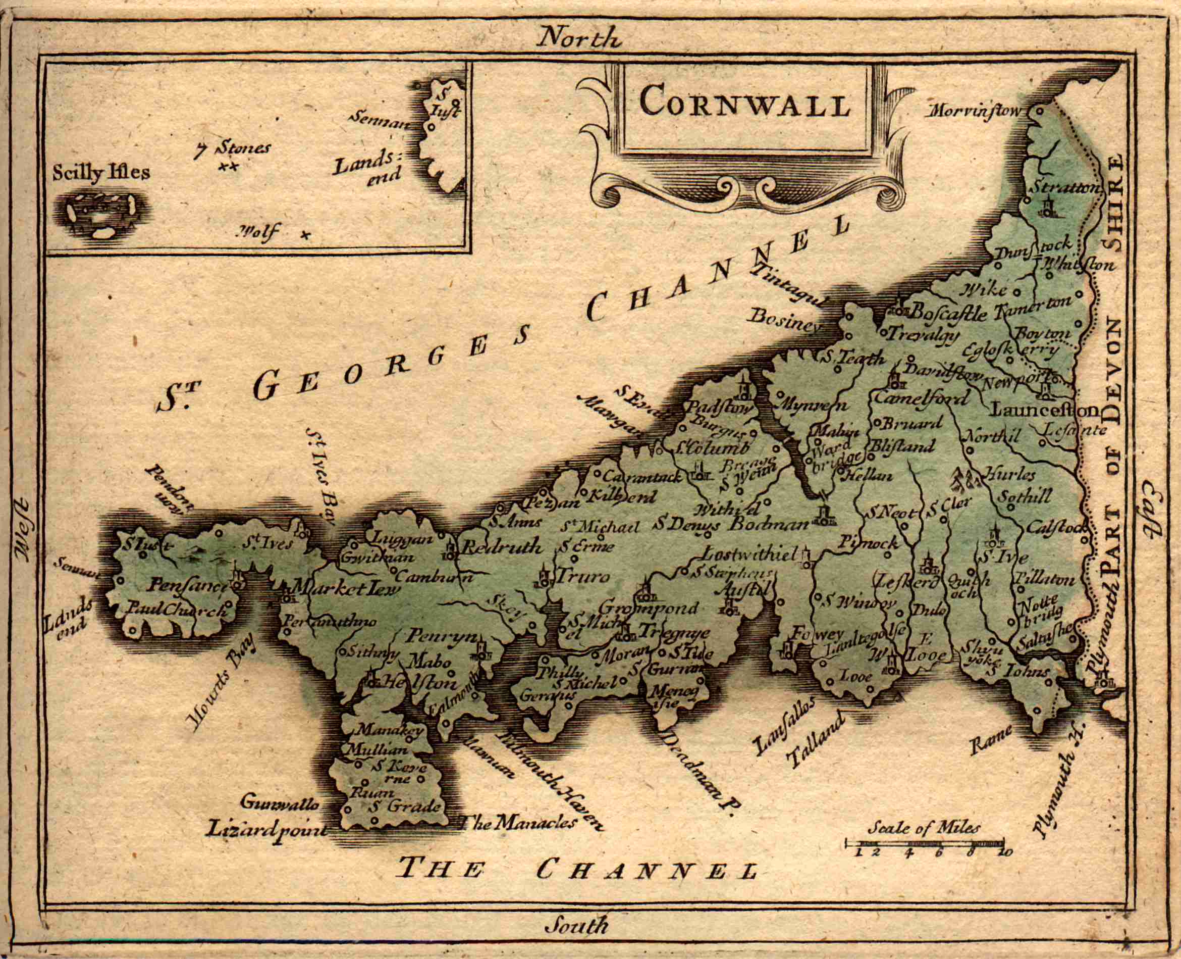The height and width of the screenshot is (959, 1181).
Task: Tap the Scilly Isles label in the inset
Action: pos(101,173)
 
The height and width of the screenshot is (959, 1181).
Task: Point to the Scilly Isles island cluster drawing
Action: pos(101,215)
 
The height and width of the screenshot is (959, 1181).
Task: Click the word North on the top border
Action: pos(580,38)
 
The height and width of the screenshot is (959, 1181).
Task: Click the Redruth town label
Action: pos(502,547)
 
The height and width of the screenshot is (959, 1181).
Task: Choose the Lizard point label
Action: pos(267,830)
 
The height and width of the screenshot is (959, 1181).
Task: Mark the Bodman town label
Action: pos(770,524)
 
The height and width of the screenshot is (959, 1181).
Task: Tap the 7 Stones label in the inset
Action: pos(233,149)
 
